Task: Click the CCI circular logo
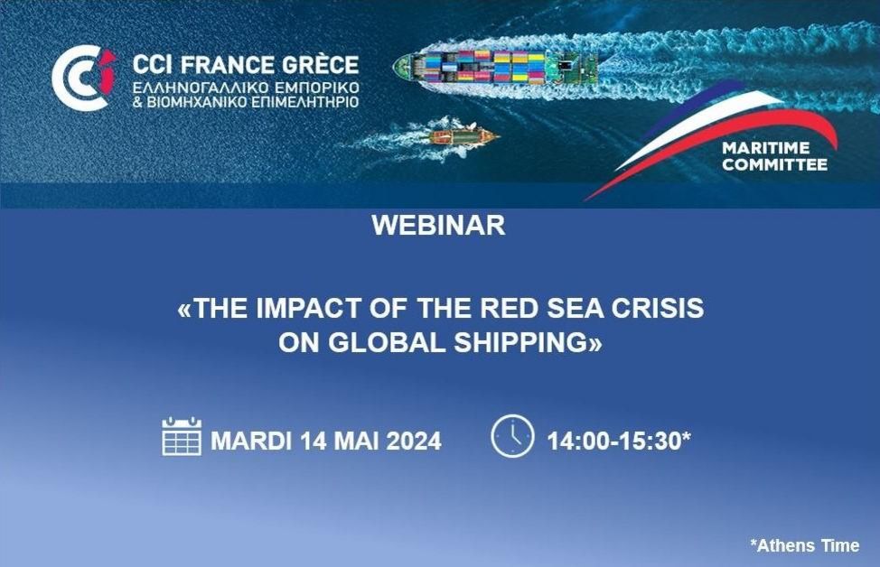tap(84, 78)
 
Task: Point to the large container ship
tap(495, 68)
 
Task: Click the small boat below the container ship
tap(463, 136)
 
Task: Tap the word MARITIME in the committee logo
tap(765, 148)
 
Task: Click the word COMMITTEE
tap(774, 164)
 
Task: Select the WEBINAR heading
tap(438, 226)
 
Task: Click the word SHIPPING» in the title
tap(528, 342)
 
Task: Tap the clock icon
tap(512, 436)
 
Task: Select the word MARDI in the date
tap(251, 441)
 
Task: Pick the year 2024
tap(414, 441)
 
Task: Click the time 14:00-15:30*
tap(619, 441)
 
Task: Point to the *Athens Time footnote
tap(805, 545)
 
